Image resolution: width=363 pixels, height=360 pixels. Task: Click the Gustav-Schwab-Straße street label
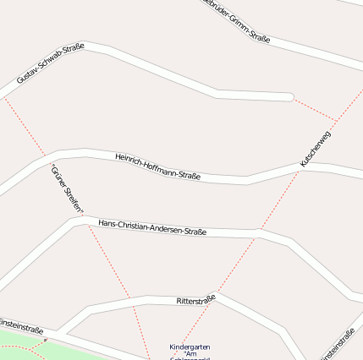pyautogui.click(x=50, y=65)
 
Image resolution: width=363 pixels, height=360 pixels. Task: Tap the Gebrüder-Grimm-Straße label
pyautogui.click(x=238, y=22)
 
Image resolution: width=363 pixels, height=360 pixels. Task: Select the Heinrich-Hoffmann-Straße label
pyautogui.click(x=157, y=165)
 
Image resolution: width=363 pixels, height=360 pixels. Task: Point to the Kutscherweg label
pyautogui.click(x=315, y=148)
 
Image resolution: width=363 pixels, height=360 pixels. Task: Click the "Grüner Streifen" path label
pyautogui.click(x=67, y=188)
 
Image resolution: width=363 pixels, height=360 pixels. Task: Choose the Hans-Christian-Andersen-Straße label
pyautogui.click(x=152, y=226)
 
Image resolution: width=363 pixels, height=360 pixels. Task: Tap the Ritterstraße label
pyautogui.click(x=196, y=299)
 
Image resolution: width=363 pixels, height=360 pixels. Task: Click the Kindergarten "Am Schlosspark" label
pyautogui.click(x=190, y=352)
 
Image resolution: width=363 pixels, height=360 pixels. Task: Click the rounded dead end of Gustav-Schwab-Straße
pyautogui.click(x=289, y=97)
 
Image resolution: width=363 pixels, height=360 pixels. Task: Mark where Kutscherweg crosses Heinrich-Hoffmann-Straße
pyautogui.click(x=301, y=166)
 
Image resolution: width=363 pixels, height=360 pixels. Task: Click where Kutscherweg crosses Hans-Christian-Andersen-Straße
pyautogui.click(x=259, y=231)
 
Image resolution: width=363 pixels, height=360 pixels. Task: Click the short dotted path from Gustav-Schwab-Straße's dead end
pyautogui.click(x=314, y=108)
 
